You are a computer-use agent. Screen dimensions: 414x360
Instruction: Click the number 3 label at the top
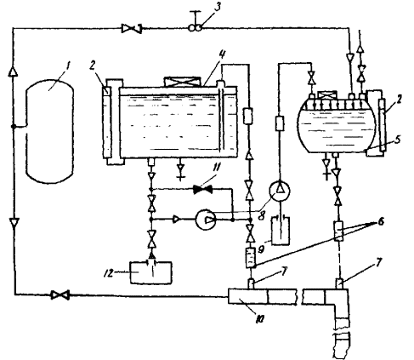pyautogui.click(x=217, y=8)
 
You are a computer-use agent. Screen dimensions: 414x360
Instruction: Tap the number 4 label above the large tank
pyautogui.click(x=222, y=54)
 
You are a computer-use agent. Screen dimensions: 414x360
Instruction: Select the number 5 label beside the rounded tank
pyautogui.click(x=398, y=139)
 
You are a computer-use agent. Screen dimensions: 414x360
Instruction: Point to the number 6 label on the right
pyautogui.click(x=380, y=221)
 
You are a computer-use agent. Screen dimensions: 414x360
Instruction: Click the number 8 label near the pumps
pyautogui.click(x=261, y=215)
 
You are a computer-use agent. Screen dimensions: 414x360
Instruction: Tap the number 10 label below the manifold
pyautogui.click(x=260, y=319)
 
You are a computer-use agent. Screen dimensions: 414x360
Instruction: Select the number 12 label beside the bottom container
pyautogui.click(x=109, y=272)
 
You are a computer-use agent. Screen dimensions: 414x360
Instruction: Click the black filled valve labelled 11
pyautogui.click(x=202, y=189)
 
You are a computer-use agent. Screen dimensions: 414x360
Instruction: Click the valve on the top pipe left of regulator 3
pyautogui.click(x=132, y=29)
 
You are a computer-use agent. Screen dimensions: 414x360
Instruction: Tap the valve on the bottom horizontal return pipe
pyautogui.click(x=60, y=295)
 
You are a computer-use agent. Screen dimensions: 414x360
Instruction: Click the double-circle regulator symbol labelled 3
pyautogui.click(x=196, y=28)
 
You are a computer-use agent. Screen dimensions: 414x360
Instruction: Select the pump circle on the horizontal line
pyautogui.click(x=206, y=220)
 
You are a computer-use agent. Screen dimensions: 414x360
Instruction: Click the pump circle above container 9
pyautogui.click(x=280, y=191)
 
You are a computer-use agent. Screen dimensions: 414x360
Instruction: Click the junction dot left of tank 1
pyautogui.click(x=14, y=126)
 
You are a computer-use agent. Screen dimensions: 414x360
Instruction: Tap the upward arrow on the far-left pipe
pyautogui.click(x=13, y=71)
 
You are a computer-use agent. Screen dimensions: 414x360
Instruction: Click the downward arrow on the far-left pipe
pyautogui.click(x=14, y=222)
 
